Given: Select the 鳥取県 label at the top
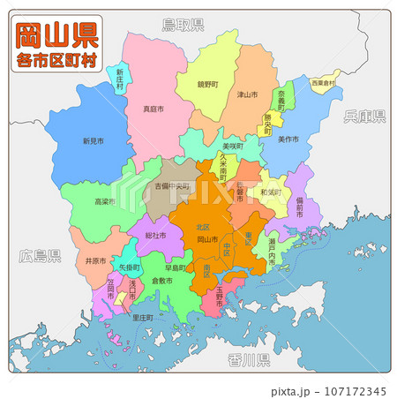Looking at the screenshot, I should [183, 24].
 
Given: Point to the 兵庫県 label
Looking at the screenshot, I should [365, 116].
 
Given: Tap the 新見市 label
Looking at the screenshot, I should [93, 141].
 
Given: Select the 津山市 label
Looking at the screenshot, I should [247, 94].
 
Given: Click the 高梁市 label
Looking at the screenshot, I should [106, 202].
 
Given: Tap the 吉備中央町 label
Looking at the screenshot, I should [174, 187].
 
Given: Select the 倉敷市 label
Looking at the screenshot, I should [161, 280].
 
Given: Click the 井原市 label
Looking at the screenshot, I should [96, 260].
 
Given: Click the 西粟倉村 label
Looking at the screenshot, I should [322, 83].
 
